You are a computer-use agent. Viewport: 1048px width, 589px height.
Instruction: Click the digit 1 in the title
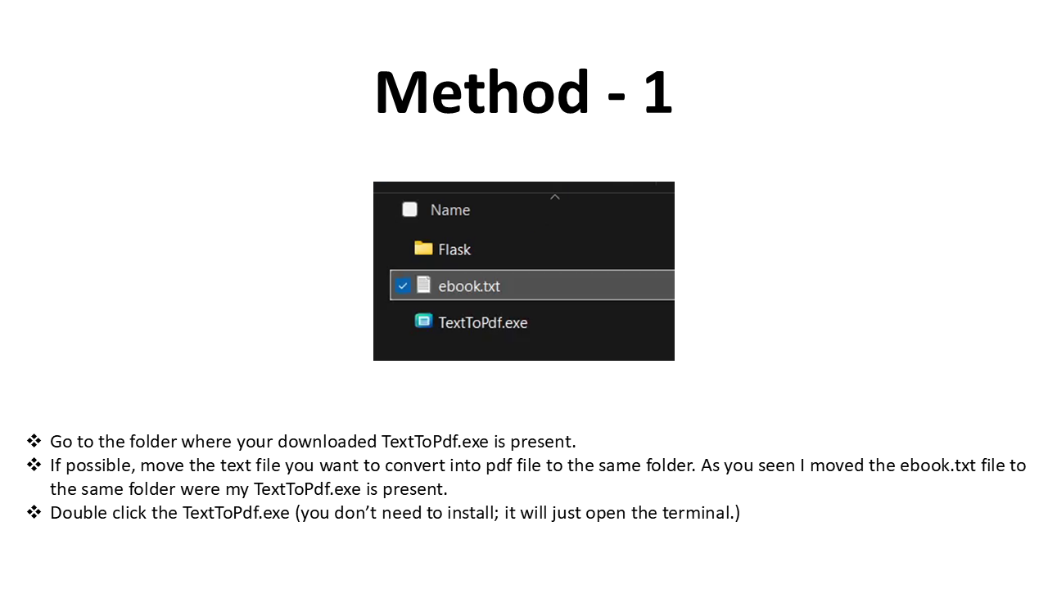pos(657,92)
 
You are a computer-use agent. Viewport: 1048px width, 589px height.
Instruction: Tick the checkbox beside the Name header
pos(410,209)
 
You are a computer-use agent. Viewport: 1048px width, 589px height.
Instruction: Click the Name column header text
pos(450,210)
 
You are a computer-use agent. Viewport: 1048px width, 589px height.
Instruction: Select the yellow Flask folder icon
pos(423,248)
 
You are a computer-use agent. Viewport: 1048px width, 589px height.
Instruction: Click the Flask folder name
pos(454,250)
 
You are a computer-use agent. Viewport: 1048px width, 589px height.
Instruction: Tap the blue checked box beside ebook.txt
pos(403,286)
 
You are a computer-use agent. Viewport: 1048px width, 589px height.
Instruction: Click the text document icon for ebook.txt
pos(423,285)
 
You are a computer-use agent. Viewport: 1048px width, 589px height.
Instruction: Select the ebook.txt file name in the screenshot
pos(469,286)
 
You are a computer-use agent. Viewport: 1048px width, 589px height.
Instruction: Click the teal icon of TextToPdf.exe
pos(423,321)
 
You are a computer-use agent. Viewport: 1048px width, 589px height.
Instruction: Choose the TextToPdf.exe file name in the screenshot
pos(483,322)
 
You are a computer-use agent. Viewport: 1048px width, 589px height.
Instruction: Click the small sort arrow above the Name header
pos(555,196)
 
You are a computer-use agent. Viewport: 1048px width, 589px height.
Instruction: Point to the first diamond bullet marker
pos(34,441)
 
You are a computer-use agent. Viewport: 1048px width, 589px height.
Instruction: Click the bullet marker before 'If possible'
pos(34,465)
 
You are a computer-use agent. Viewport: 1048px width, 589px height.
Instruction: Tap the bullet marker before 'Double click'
pos(34,513)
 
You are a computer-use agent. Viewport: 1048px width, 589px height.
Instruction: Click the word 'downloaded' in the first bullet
pos(327,442)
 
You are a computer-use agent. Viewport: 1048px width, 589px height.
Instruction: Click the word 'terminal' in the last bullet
pos(702,513)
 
